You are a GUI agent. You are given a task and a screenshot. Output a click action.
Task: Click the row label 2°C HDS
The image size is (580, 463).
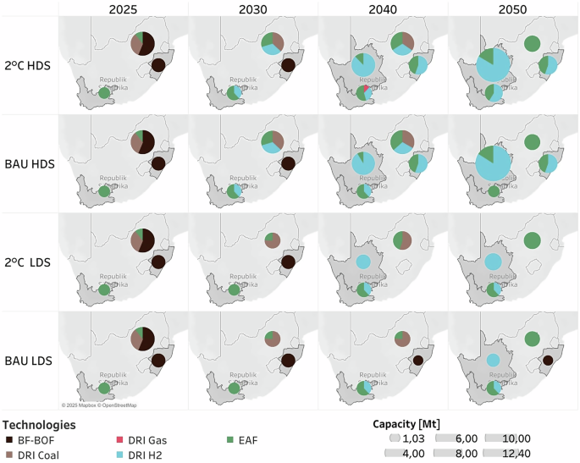pyautogui.click(x=28, y=66)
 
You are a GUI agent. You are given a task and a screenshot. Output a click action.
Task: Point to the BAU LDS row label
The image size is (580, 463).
pyautogui.click(x=28, y=361)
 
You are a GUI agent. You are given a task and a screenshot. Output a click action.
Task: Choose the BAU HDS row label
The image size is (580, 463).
pyautogui.click(x=28, y=164)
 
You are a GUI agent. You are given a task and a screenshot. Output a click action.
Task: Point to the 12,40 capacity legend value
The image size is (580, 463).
pyautogui.click(x=518, y=455)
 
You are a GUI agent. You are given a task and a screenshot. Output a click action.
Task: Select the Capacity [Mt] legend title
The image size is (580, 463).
pyautogui.click(x=406, y=423)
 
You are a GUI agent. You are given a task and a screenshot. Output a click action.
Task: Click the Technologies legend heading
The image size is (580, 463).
pyautogui.click(x=39, y=424)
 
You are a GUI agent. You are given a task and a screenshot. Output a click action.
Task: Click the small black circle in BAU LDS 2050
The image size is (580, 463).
pyautogui.click(x=548, y=361)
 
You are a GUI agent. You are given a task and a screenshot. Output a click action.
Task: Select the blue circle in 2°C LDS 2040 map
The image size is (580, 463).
pyautogui.click(x=362, y=262)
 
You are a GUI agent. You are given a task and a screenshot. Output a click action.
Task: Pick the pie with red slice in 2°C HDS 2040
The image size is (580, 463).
pyautogui.click(x=363, y=92)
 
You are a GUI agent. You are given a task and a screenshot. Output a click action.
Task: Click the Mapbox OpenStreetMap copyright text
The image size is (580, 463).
pyautogui.click(x=101, y=405)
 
